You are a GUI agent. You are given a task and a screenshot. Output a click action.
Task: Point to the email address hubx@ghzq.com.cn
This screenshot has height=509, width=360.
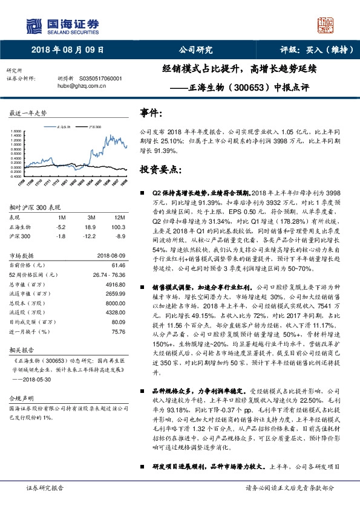pos(82,86)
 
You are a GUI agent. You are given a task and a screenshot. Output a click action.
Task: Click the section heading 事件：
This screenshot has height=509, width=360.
pos(152,113)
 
